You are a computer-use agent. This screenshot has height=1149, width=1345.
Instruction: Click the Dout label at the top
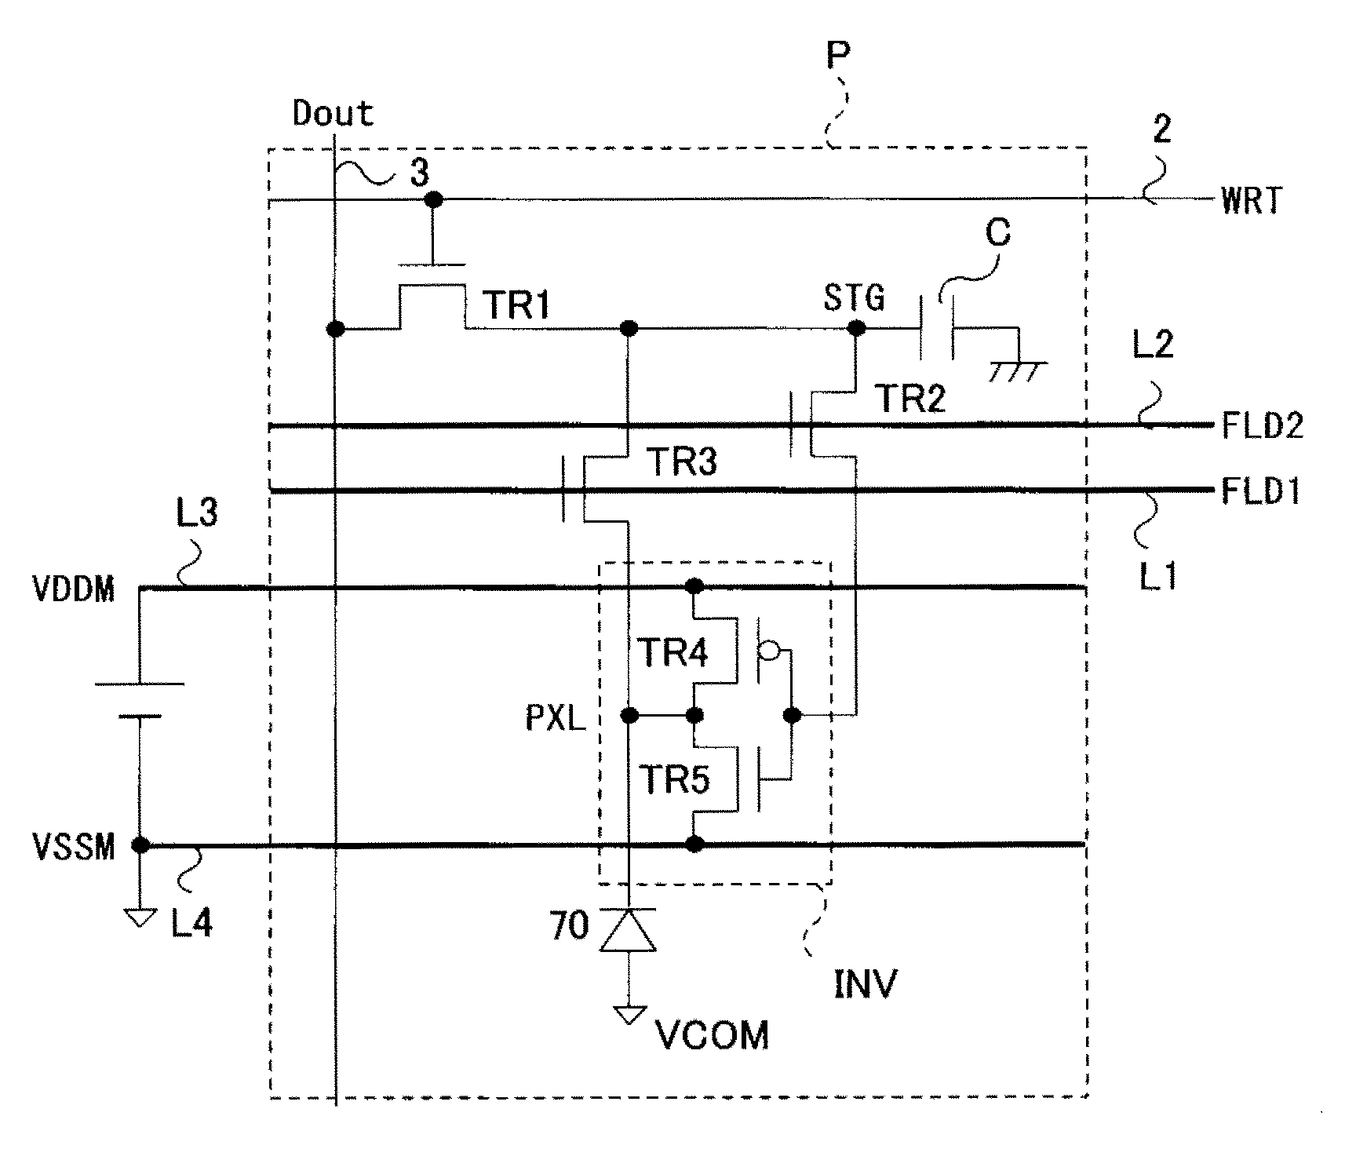(333, 115)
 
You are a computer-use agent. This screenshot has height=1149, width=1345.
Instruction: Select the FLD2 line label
(1263, 426)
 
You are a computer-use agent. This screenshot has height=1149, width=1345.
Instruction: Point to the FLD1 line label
(1261, 492)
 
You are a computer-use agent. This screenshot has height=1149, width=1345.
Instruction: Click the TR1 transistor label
(517, 305)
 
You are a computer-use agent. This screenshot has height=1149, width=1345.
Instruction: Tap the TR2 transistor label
(910, 399)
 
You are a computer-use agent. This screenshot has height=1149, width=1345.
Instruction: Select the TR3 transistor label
(681, 463)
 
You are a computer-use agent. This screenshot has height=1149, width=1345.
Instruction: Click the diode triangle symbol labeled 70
(628, 931)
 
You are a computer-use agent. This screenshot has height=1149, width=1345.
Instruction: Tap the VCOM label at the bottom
(712, 1036)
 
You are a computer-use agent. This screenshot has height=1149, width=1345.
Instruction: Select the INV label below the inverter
(865, 983)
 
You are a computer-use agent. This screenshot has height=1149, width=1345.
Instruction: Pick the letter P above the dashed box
(839, 57)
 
